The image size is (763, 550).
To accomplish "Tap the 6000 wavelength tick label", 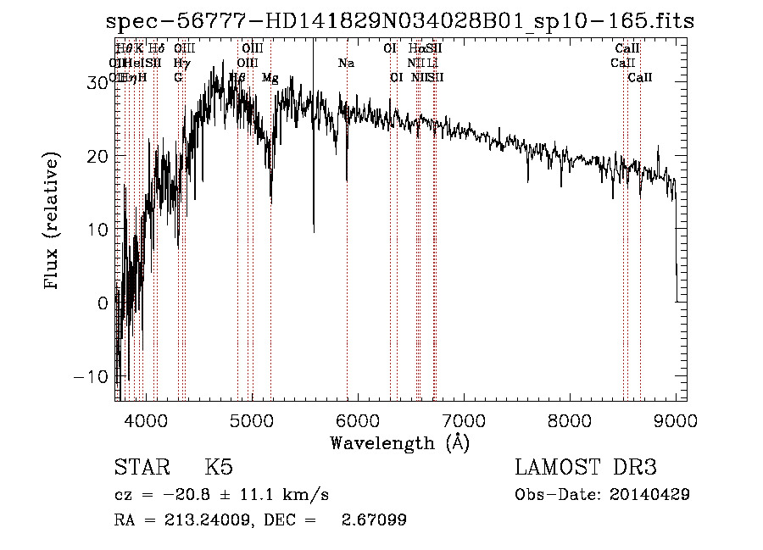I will click(x=358, y=419).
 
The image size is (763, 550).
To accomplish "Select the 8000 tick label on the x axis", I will click(x=570, y=419).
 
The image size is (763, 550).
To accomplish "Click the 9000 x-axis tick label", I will click(x=676, y=419).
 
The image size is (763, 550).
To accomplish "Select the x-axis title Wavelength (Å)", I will click(x=399, y=442).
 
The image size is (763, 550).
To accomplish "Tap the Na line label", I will click(x=346, y=63).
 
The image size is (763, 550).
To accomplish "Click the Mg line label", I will click(x=270, y=77).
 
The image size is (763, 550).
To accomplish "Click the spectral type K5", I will click(x=219, y=468).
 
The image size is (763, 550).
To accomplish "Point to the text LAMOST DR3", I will click(x=585, y=468).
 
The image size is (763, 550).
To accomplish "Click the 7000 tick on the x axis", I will click(x=464, y=419).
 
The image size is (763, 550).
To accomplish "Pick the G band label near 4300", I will click(x=178, y=77).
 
